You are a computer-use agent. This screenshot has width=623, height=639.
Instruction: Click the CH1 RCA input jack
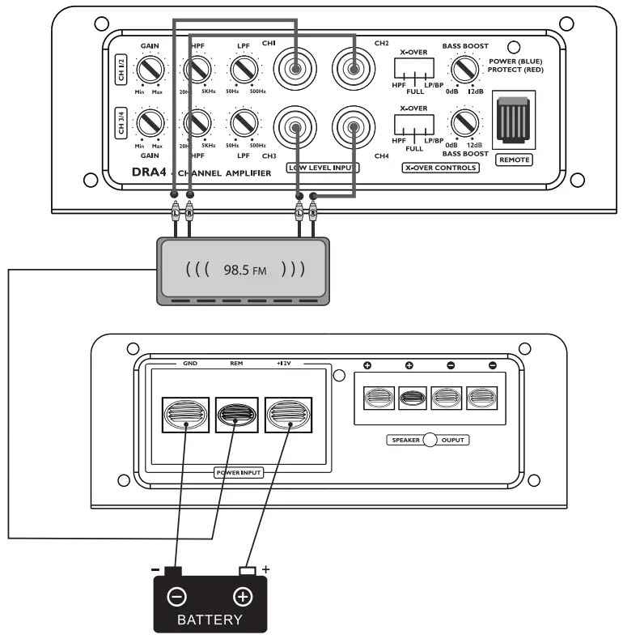(295, 70)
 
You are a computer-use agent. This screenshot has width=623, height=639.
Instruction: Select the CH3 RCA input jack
(295, 128)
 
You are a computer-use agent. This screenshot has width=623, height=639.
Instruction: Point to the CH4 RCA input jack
(353, 128)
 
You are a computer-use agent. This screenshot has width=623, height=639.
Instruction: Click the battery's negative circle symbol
(176, 598)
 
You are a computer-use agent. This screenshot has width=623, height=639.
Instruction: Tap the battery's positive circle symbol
(242, 598)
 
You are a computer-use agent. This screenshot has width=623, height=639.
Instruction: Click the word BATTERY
(209, 620)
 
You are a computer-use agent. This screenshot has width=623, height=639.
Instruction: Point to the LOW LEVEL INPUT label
(323, 168)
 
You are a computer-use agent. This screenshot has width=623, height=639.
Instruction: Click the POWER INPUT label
(238, 472)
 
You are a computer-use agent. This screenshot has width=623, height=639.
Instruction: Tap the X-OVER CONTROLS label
(440, 168)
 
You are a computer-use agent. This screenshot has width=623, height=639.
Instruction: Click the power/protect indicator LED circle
(513, 49)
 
